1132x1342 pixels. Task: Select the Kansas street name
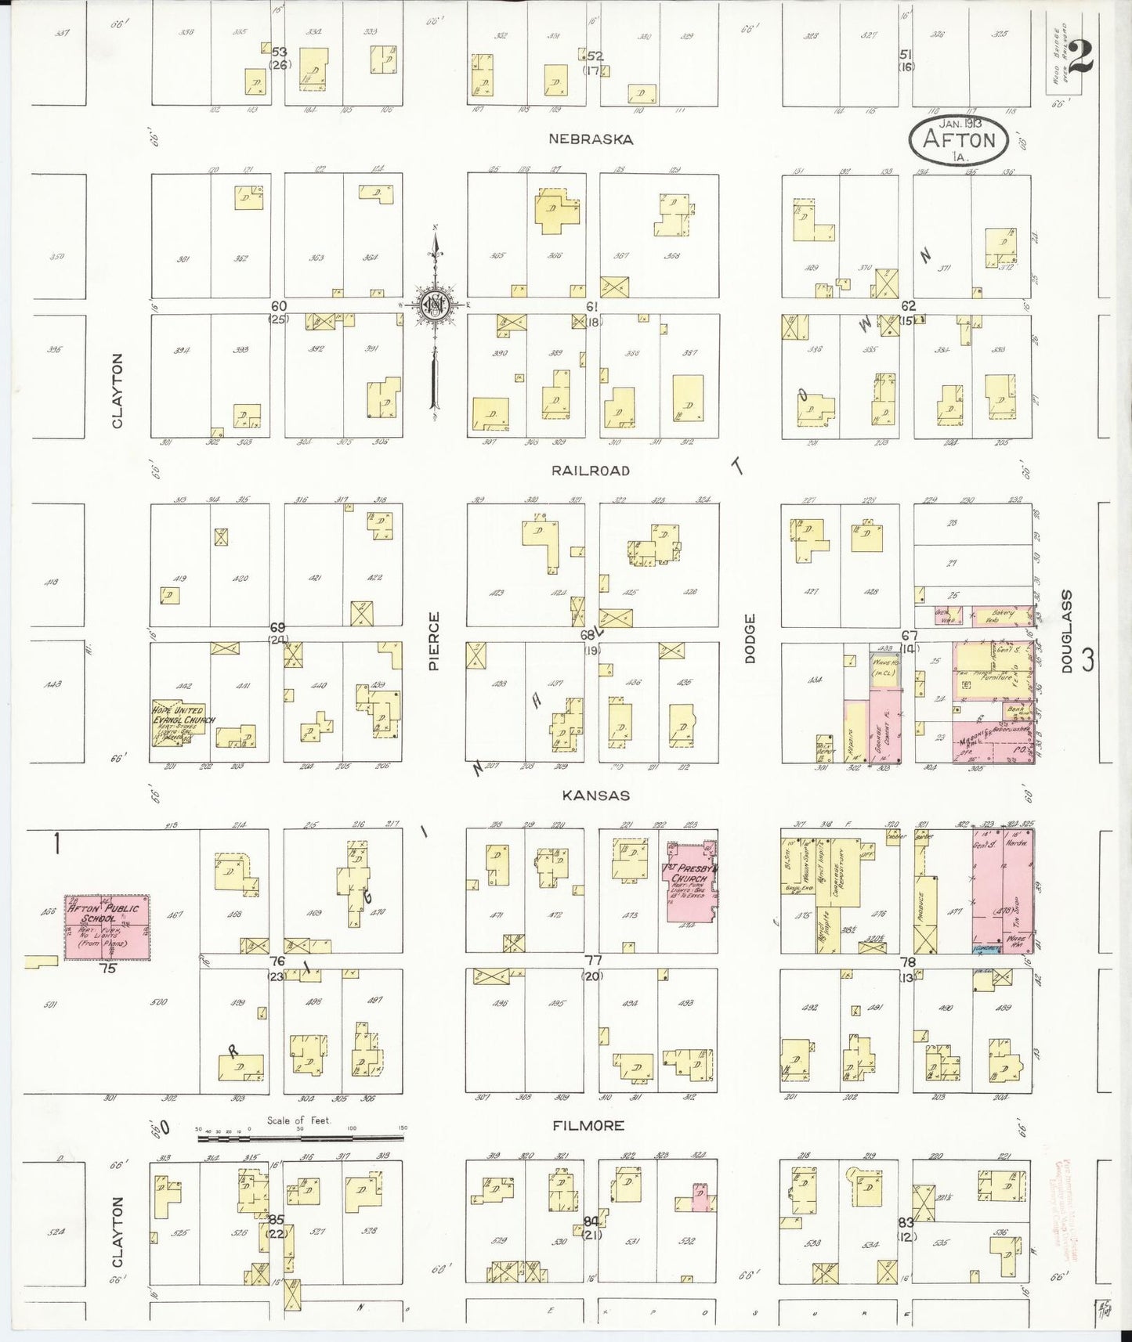[x=595, y=795]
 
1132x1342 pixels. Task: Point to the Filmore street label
[x=588, y=1126]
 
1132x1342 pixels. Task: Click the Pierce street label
[x=434, y=641]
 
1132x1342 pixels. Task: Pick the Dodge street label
[x=750, y=639]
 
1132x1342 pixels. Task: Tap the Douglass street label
[x=1066, y=631]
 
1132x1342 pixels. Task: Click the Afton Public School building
[x=107, y=927]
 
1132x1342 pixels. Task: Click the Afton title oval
[x=959, y=139]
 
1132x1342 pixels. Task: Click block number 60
[x=278, y=306]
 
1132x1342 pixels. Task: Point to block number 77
[x=593, y=961]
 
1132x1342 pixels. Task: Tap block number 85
[x=277, y=1220]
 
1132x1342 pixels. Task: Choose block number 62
[x=908, y=306]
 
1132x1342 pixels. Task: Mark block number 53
[x=279, y=52]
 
